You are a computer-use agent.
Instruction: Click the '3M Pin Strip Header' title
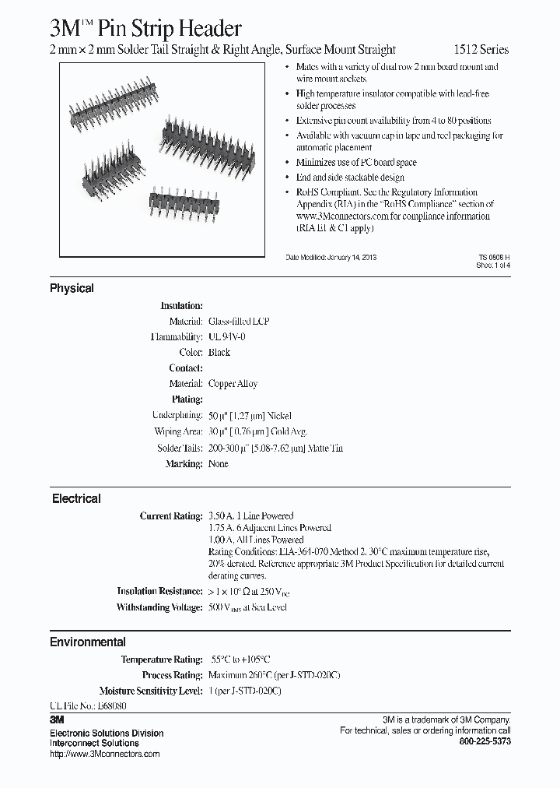(x=145, y=29)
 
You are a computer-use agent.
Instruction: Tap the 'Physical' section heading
(x=72, y=288)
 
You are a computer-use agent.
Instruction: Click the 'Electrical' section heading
(x=76, y=498)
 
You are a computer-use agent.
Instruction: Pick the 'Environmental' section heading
(x=87, y=642)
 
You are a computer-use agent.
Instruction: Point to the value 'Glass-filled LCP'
(x=239, y=322)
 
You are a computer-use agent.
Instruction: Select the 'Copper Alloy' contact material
(x=233, y=384)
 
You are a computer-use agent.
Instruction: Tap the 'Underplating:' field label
(x=177, y=416)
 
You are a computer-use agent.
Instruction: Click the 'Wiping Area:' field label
(x=179, y=431)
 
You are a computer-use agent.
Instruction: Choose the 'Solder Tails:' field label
(x=179, y=448)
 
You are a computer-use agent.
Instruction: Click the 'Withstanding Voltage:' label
(x=159, y=607)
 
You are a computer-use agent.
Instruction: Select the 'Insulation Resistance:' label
(x=159, y=592)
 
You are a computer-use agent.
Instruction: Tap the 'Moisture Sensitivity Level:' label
(x=151, y=691)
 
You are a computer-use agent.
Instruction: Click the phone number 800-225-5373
(x=485, y=742)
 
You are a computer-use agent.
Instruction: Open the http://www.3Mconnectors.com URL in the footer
(x=104, y=754)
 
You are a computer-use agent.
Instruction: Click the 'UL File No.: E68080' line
(x=88, y=705)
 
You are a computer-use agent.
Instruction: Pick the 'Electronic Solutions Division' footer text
(x=107, y=733)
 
